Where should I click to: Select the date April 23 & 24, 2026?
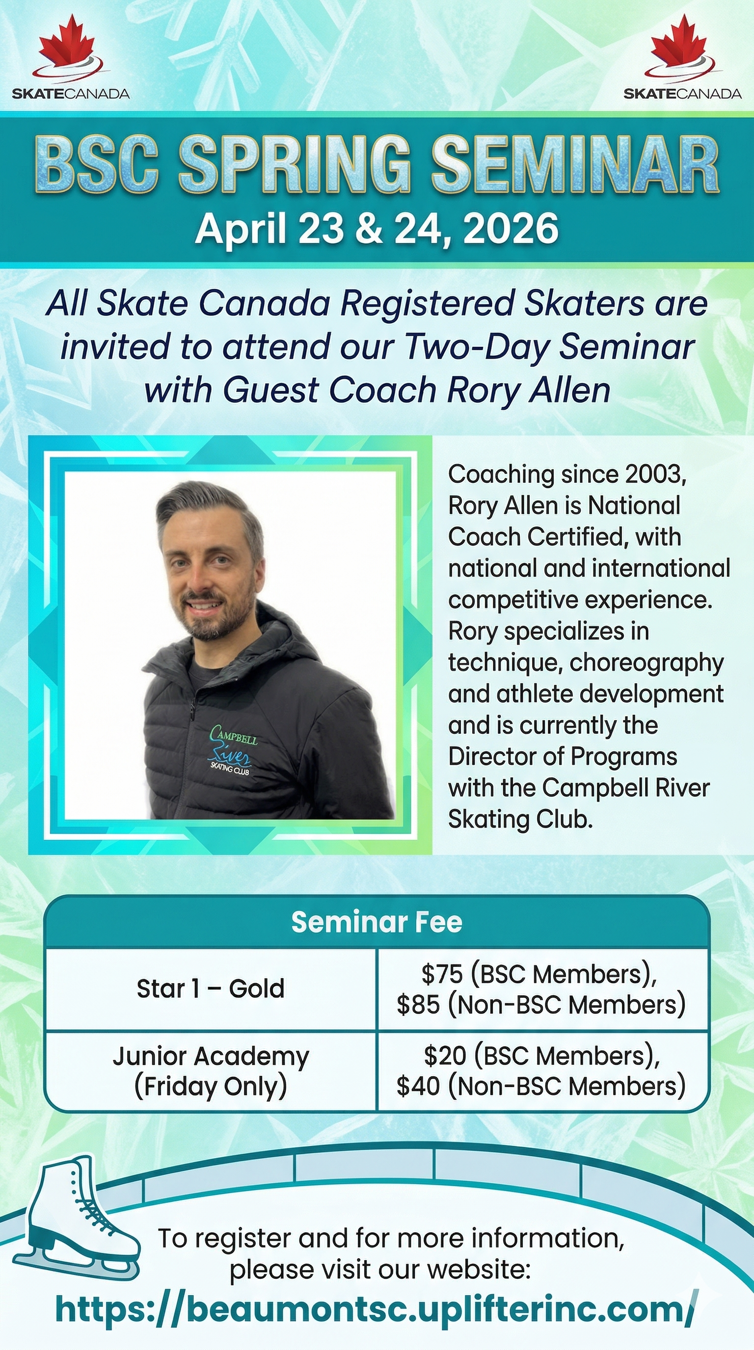coord(377,229)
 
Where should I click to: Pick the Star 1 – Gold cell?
coord(211,988)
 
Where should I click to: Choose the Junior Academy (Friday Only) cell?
coord(211,1071)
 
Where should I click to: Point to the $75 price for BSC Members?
coord(442,974)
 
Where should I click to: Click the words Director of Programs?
coord(563,756)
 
